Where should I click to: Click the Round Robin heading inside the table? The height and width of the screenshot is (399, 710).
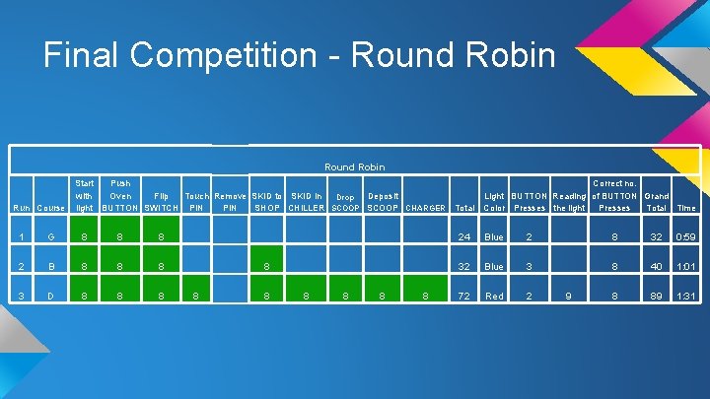click(355, 166)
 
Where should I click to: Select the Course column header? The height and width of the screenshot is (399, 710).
click(50, 208)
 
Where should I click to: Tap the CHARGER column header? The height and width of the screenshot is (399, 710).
click(425, 208)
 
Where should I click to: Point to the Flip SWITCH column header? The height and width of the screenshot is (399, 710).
click(161, 201)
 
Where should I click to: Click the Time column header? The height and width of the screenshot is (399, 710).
click(686, 208)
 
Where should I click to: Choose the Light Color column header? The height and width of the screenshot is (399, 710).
click(494, 201)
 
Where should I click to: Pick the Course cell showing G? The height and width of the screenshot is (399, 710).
click(50, 236)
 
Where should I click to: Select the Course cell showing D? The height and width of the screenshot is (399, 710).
click(50, 295)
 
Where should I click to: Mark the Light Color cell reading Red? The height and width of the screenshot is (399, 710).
click(494, 295)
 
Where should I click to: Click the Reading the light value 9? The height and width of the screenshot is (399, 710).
click(568, 295)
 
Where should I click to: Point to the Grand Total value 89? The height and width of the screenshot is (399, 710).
click(656, 295)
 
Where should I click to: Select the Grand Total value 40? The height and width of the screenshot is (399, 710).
click(656, 265)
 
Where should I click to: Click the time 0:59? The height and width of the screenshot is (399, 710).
click(686, 236)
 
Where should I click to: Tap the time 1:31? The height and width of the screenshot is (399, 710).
click(686, 295)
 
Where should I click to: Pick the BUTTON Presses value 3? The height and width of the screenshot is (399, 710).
click(529, 265)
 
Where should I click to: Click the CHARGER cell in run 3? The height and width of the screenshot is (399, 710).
click(425, 295)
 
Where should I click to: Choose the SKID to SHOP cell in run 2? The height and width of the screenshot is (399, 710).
click(265, 265)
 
